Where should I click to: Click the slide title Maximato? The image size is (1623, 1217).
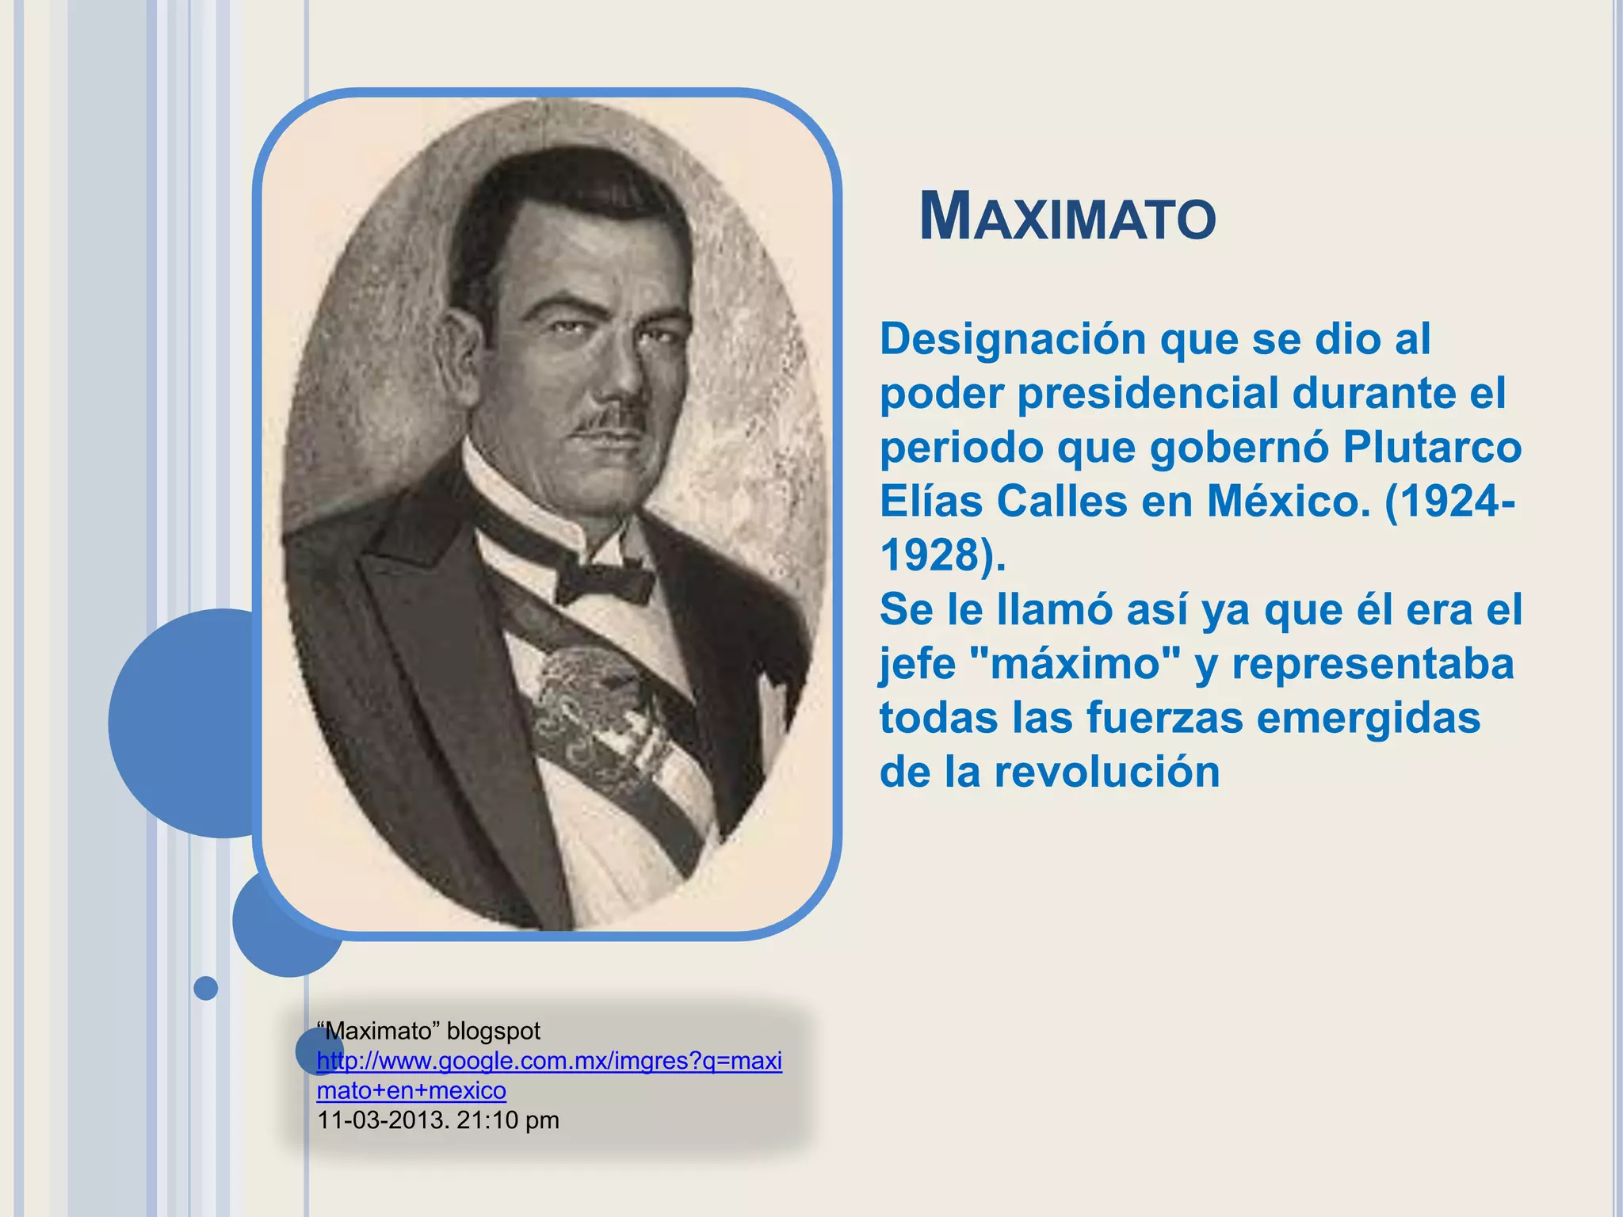(1067, 217)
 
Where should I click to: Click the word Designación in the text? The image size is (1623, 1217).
(1013, 339)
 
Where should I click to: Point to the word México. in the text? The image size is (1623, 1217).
(1289, 502)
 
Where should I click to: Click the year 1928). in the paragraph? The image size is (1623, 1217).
(943, 555)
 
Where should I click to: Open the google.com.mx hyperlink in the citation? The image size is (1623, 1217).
(548, 1062)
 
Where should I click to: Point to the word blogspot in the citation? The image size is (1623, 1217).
(493, 1031)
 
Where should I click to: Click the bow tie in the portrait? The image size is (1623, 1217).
(604, 581)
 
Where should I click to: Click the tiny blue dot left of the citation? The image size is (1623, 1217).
(206, 988)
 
